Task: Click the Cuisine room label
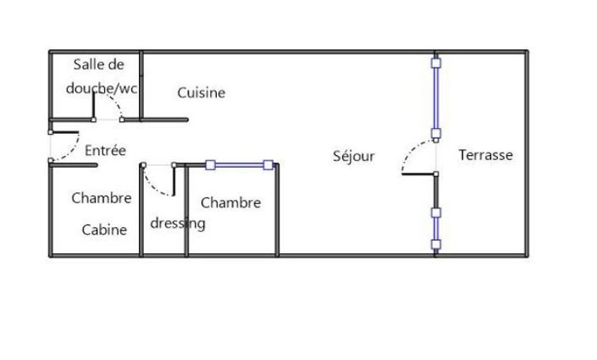(x=201, y=92)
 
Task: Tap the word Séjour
(x=354, y=156)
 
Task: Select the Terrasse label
(x=485, y=155)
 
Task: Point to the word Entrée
(x=105, y=150)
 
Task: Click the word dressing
(x=178, y=224)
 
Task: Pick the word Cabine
(x=104, y=230)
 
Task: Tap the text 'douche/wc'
(x=102, y=88)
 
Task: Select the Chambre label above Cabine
(x=102, y=197)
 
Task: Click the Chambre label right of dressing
(x=230, y=202)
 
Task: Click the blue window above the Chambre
(x=240, y=165)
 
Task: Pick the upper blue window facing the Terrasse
(x=436, y=98)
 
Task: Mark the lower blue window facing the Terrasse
(x=436, y=229)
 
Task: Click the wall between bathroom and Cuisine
(x=141, y=86)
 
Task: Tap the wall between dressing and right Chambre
(x=186, y=210)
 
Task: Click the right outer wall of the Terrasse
(x=527, y=153)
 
